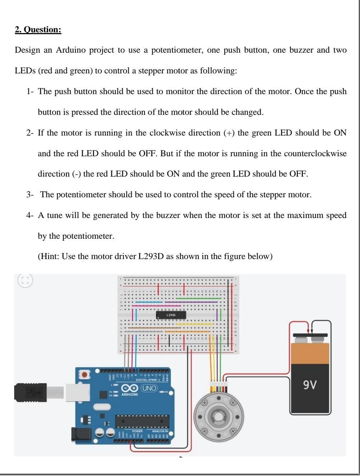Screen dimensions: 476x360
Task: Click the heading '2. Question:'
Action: pyautogui.click(x=38, y=29)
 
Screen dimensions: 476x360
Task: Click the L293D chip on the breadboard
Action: pyautogui.click(x=171, y=315)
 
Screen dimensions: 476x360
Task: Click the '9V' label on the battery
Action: pyautogui.click(x=310, y=384)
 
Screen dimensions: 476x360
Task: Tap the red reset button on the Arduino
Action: pyautogui.click(x=85, y=374)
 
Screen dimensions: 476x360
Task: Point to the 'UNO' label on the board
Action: pyautogui.click(x=149, y=388)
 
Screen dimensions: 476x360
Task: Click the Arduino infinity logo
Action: pyautogui.click(x=129, y=388)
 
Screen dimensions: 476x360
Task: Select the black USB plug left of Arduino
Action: pyautogui.click(x=31, y=392)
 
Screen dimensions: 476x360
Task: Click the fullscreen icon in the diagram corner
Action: pyautogui.click(x=25, y=281)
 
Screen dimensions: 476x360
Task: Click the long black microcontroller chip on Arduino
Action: pyautogui.click(x=142, y=421)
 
